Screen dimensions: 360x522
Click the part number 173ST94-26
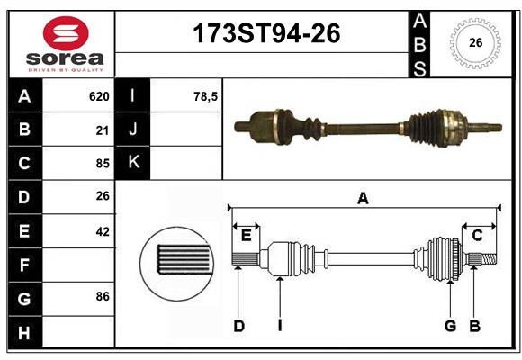(267, 35)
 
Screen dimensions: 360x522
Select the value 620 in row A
(98, 95)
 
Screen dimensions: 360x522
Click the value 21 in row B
(102, 130)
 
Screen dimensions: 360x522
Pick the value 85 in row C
(102, 164)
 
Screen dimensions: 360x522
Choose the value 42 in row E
(102, 231)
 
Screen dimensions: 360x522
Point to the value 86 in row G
(102, 296)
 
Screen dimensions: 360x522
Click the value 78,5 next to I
(206, 95)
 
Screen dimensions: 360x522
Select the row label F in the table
(24, 265)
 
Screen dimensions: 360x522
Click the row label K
(133, 163)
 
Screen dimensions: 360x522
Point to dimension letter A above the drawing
(363, 198)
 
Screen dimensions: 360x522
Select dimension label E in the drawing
(246, 236)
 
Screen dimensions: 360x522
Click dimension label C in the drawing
(478, 235)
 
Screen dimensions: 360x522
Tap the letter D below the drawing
(238, 326)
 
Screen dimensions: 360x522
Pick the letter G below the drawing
(449, 326)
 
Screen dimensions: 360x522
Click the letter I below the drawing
(279, 326)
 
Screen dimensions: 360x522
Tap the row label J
(133, 130)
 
